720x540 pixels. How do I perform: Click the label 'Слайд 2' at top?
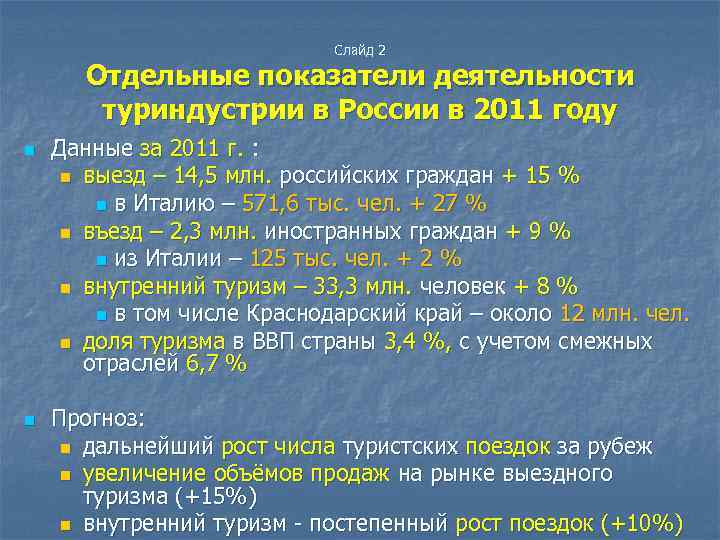pos(360,49)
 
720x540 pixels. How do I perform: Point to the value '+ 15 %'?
pos(541,177)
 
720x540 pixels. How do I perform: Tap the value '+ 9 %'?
pos(538,232)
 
